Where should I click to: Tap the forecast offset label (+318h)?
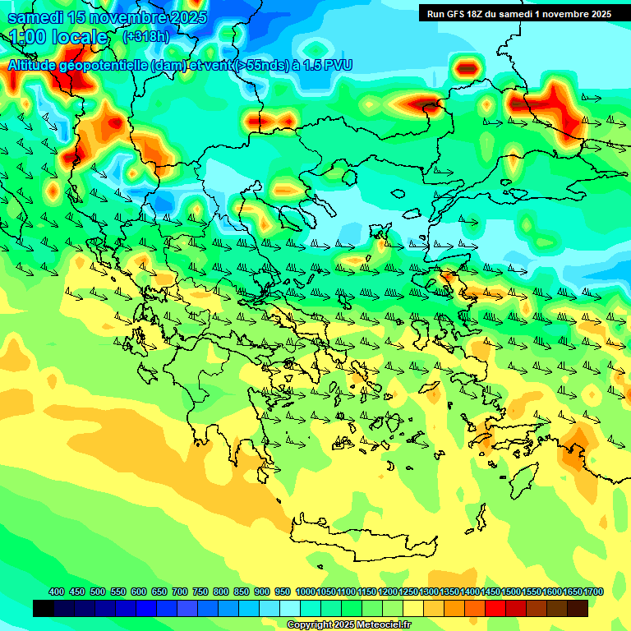pyautogui.click(x=145, y=36)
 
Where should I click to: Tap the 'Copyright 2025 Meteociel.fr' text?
pyautogui.click(x=348, y=625)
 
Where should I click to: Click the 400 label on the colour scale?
pyautogui.click(x=57, y=592)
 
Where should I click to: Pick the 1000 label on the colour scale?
pyautogui.click(x=305, y=592)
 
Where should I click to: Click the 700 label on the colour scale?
pyautogui.click(x=180, y=592)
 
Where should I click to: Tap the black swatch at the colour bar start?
pyautogui.click(x=44, y=609)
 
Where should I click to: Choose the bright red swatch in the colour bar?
pyautogui.click(x=495, y=609)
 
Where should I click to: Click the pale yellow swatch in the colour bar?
pyautogui.click(x=413, y=609)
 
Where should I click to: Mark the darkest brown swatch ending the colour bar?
pyautogui.click(x=578, y=609)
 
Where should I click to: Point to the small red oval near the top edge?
pyautogui.click(x=467, y=67)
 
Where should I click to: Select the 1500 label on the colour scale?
pyautogui.click(x=511, y=592)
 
